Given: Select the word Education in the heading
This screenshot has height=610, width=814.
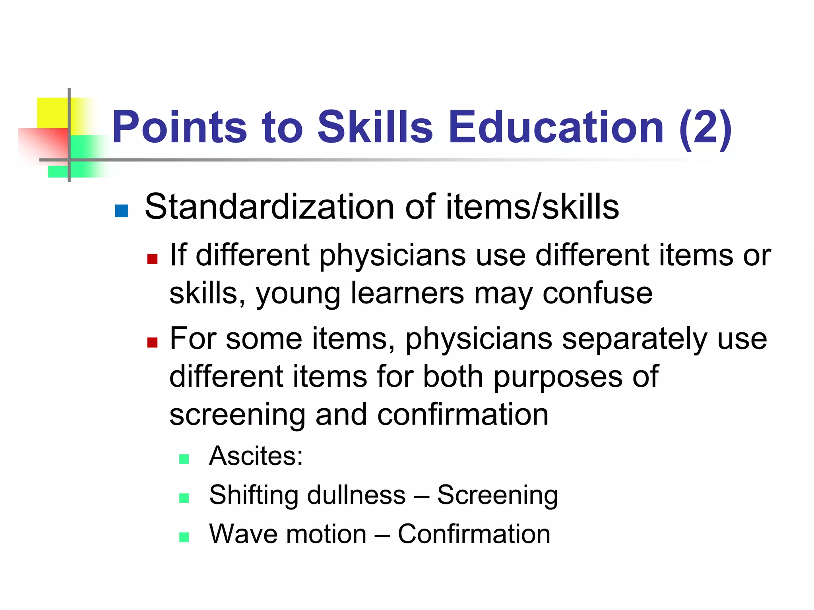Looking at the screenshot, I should pyautogui.click(x=556, y=127).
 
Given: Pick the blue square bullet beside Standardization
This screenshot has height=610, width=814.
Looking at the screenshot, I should pyautogui.click(x=121, y=211).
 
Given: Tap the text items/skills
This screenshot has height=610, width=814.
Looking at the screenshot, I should pyautogui.click(x=532, y=207).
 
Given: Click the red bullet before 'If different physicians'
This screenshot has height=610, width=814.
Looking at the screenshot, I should pyautogui.click(x=152, y=259).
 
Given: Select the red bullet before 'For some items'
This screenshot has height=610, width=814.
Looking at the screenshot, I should pyautogui.click(x=152, y=342).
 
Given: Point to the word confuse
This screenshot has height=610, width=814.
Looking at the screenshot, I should pyautogui.click(x=597, y=293).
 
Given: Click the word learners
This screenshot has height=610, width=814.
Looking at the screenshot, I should pyautogui.click(x=407, y=293).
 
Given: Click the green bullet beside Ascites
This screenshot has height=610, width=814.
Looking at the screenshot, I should pyautogui.click(x=184, y=459).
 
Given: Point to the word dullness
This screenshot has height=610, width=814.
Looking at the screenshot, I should pyautogui.click(x=356, y=495).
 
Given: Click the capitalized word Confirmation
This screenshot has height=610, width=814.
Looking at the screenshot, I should pyautogui.click(x=474, y=534).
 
